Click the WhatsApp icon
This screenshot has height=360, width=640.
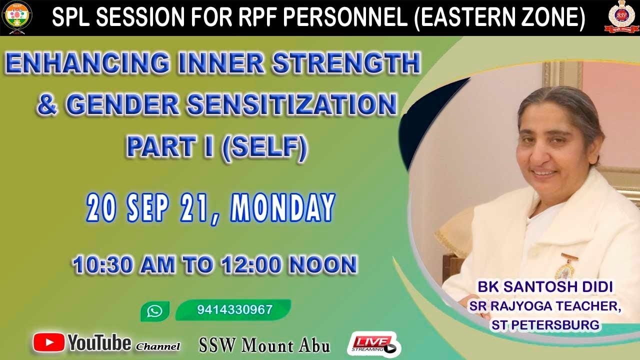tap(155, 311)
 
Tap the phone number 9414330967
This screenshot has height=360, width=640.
tap(235, 309)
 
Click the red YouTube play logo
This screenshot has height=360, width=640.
tap(48, 342)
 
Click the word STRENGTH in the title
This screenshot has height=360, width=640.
tap(346, 63)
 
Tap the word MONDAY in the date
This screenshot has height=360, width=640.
tap(283, 207)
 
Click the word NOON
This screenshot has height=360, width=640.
tap(323, 264)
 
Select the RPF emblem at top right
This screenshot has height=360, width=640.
tap(621, 16)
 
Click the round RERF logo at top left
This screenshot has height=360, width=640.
tap(17, 17)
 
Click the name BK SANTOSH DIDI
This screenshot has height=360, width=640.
tap(545, 287)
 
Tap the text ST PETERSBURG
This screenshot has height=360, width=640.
tap(545, 325)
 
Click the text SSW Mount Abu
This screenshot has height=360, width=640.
tap(264, 345)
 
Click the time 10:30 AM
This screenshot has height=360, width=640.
tap(124, 264)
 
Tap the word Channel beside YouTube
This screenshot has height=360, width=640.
tap(157, 346)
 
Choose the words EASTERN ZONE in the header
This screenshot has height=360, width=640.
tap(499, 17)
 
